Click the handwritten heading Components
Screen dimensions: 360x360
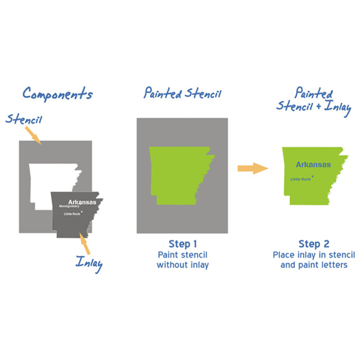(x=58, y=94)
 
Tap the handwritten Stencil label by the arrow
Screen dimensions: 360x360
(x=24, y=119)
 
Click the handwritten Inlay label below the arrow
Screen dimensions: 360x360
(x=90, y=264)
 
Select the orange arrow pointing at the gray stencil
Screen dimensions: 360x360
(x=33, y=135)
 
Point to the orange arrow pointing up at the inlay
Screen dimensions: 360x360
(x=84, y=243)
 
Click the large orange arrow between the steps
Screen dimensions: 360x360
(x=253, y=168)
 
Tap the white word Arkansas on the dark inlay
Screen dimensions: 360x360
(x=82, y=202)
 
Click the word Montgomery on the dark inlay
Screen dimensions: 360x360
(x=69, y=206)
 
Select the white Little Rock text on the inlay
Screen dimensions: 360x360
(x=72, y=214)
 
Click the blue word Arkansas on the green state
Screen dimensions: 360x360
(x=313, y=165)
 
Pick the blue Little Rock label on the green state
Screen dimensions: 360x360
(x=300, y=179)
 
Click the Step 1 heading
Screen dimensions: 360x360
(x=183, y=244)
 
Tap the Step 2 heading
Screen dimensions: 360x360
(x=314, y=244)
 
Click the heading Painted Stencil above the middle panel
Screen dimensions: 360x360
(x=182, y=93)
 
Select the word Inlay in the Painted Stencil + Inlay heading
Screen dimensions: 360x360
(x=337, y=107)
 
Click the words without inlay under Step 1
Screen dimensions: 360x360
(x=183, y=265)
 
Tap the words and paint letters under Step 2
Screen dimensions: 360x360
(x=314, y=265)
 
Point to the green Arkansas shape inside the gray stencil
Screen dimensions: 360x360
(x=179, y=174)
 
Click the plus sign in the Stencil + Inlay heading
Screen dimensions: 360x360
(x=318, y=106)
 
